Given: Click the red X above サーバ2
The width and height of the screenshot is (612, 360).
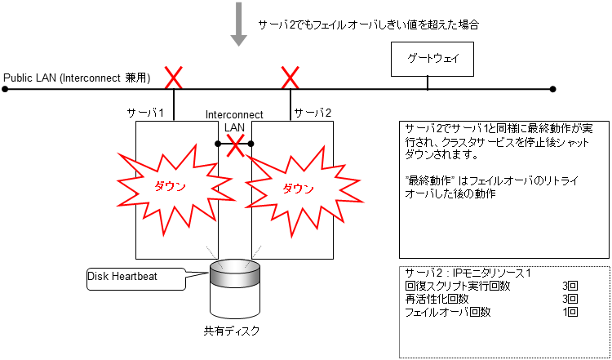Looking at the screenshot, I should point(290,78).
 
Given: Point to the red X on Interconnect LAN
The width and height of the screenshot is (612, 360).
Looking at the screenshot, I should point(235,145).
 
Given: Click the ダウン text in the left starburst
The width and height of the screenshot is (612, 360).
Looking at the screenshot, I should point(171,186).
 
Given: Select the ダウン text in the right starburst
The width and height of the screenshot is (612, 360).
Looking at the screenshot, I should point(298,188).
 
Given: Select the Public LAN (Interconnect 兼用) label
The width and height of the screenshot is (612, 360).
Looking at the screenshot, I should point(78,78).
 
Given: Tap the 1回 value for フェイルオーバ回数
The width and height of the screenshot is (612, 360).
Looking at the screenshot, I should point(570,312).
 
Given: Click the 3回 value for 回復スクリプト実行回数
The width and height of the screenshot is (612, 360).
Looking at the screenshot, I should point(570,286).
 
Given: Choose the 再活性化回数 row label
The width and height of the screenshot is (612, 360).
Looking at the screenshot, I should point(437,299).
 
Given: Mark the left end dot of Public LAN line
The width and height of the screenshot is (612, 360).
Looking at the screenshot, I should point(5,87).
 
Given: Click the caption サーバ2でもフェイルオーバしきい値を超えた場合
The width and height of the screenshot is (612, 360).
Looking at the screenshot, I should point(367,25).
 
